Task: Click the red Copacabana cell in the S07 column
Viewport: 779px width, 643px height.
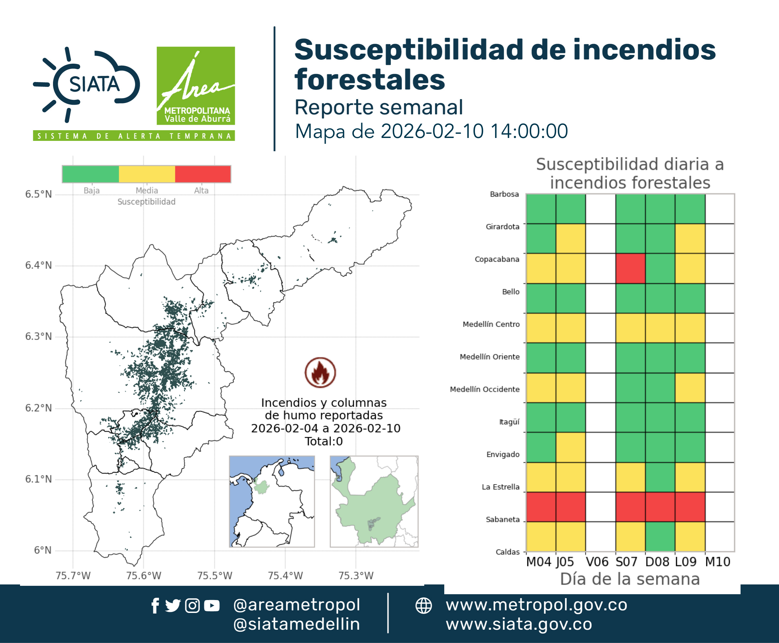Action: (x=630, y=269)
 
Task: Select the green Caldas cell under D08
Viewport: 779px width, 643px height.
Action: (x=660, y=537)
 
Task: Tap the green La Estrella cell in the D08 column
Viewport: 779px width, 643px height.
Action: (x=660, y=477)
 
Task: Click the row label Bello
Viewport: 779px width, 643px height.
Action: (x=511, y=292)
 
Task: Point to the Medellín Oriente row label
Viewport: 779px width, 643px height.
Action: (x=490, y=357)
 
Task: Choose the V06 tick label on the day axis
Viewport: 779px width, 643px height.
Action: (x=597, y=562)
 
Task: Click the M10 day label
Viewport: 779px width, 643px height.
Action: (x=718, y=562)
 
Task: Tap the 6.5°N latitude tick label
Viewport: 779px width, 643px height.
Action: (x=38, y=194)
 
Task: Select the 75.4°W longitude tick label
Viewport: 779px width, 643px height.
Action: (x=285, y=575)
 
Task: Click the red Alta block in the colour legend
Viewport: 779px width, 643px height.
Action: (x=203, y=174)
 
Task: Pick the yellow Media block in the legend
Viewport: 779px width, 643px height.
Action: (x=147, y=174)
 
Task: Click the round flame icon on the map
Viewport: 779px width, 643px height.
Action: (x=321, y=373)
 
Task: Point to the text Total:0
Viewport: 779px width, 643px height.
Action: (x=324, y=441)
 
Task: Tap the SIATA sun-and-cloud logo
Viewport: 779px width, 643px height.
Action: (x=87, y=84)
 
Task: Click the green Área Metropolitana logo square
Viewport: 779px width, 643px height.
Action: (x=195, y=86)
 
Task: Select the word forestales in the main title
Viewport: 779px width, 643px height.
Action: (x=370, y=79)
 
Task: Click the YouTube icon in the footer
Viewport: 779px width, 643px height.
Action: (x=212, y=606)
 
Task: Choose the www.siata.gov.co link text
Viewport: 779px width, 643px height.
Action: (x=519, y=624)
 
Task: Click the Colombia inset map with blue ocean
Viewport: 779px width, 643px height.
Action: (x=272, y=501)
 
